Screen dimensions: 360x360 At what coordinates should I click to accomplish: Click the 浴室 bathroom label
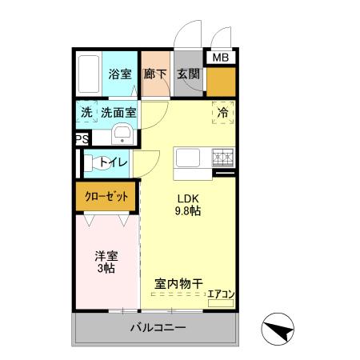pyautogui.click(x=120, y=74)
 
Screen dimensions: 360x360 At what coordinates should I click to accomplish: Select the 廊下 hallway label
pyautogui.click(x=155, y=74)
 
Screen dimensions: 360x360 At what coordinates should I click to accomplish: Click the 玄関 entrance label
pyautogui.click(x=188, y=74)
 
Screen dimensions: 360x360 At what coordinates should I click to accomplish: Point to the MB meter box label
pyautogui.click(x=219, y=58)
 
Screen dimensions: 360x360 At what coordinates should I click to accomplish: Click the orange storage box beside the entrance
pyautogui.click(x=220, y=80)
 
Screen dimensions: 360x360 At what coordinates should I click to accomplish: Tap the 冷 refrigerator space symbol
pyautogui.click(x=222, y=113)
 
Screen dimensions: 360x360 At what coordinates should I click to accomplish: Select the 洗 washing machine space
pyautogui.click(x=86, y=113)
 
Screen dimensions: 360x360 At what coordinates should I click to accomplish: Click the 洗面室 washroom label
pyautogui.click(x=118, y=113)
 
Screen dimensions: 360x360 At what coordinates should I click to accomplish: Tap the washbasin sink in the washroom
pyautogui.click(x=122, y=134)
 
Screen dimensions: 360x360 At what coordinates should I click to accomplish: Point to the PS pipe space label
pyautogui.click(x=80, y=139)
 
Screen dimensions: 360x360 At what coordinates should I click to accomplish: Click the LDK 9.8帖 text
pyautogui.click(x=189, y=205)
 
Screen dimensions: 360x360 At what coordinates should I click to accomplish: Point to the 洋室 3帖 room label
pyautogui.click(x=106, y=262)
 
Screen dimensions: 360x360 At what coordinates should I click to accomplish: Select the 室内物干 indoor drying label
pyautogui.click(x=176, y=283)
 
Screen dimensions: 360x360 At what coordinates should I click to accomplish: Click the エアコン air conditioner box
pyautogui.click(x=221, y=295)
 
